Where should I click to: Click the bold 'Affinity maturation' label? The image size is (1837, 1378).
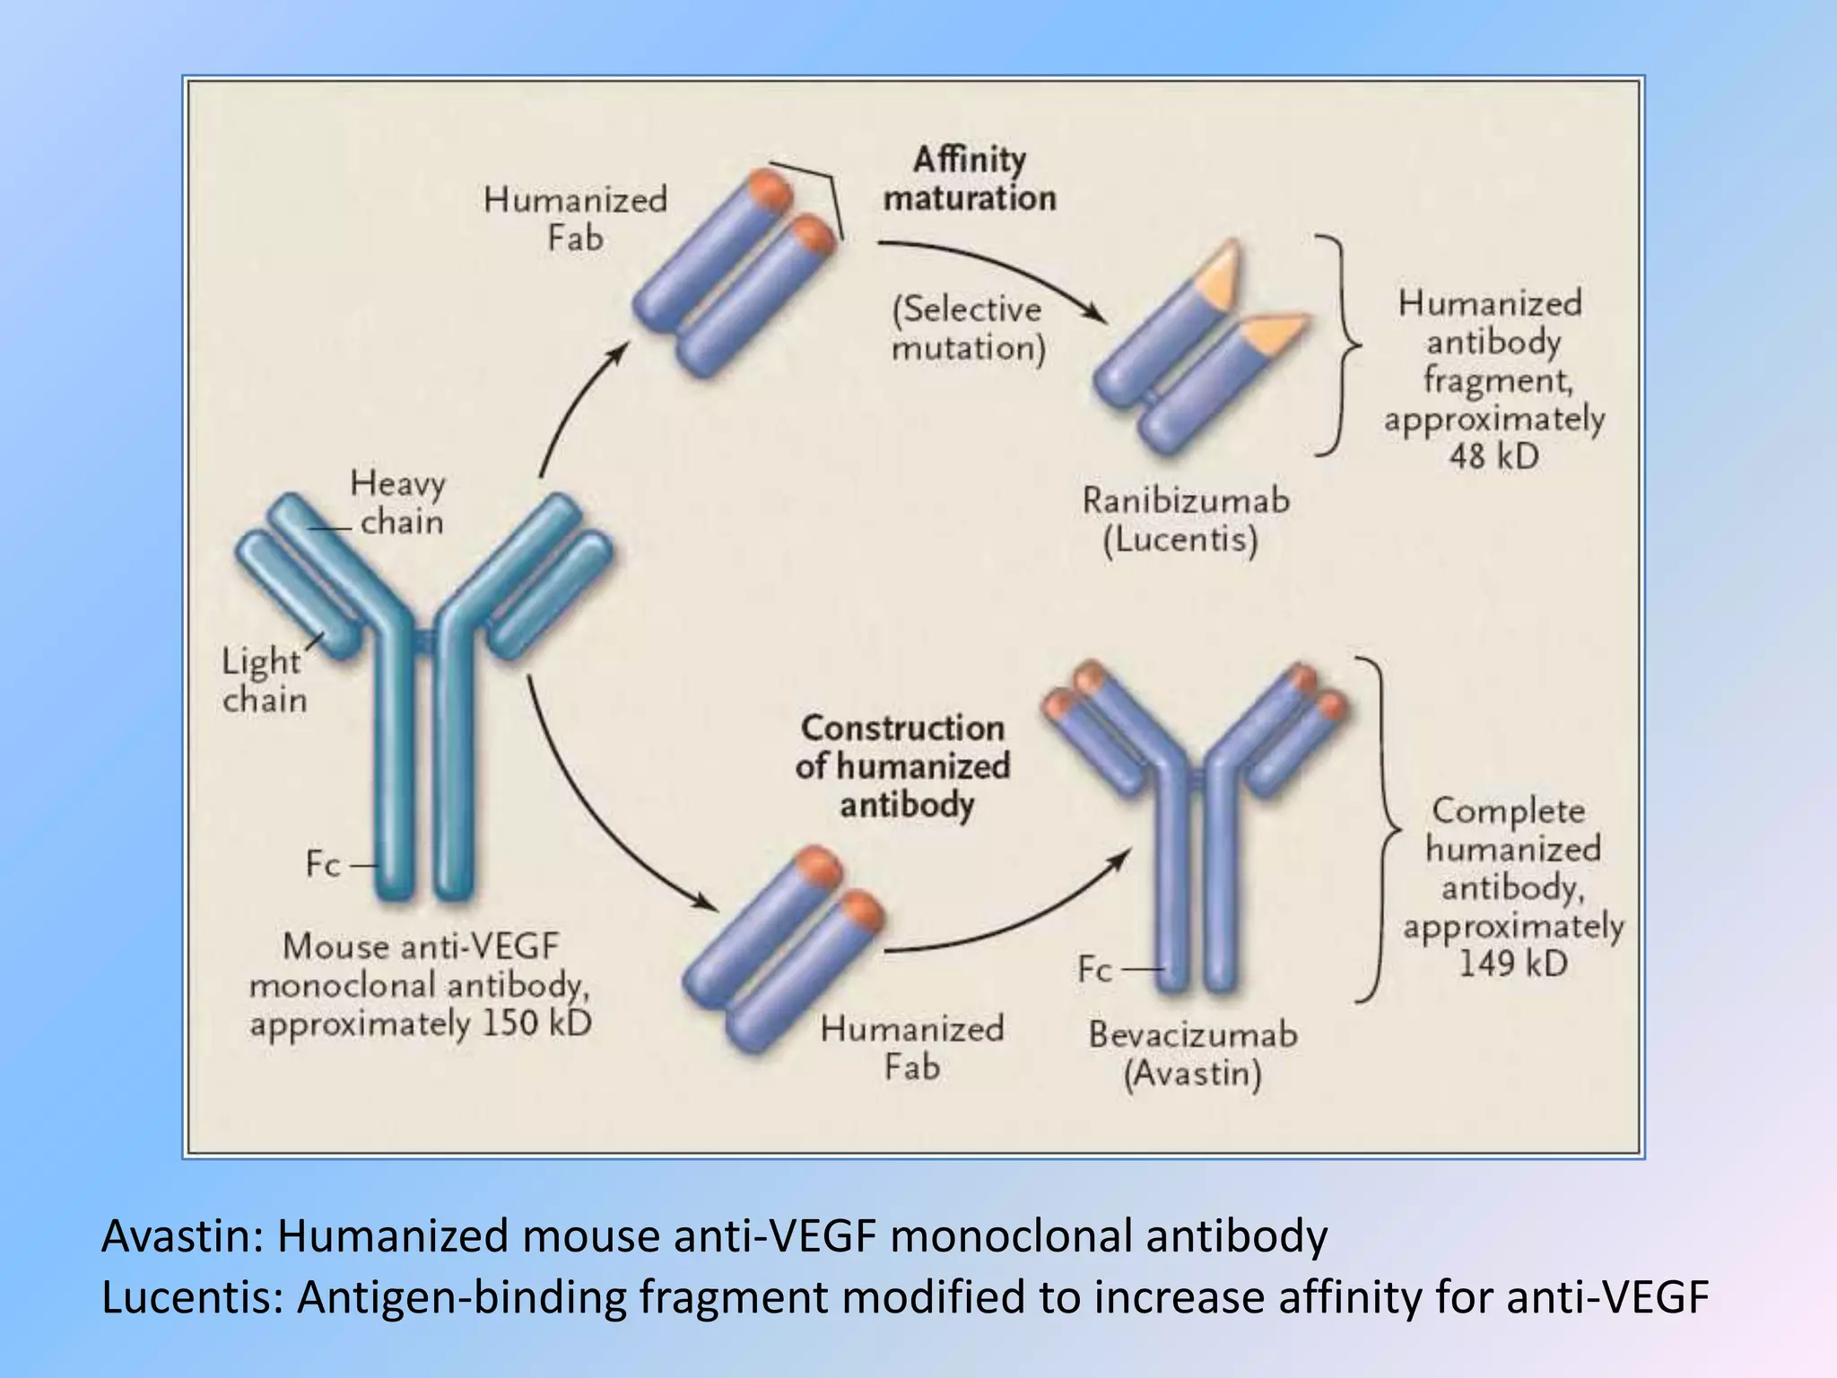click(970, 179)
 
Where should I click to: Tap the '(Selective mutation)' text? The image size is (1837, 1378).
click(968, 328)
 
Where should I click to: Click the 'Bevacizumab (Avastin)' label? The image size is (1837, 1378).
click(1193, 1053)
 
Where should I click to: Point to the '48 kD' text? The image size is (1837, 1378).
click(1493, 457)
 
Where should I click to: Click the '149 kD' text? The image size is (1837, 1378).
click(1512, 964)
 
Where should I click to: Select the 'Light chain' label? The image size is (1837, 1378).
click(262, 680)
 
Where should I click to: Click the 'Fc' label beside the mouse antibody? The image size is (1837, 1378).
click(323, 864)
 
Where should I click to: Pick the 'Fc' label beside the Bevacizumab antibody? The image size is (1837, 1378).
click(1094, 969)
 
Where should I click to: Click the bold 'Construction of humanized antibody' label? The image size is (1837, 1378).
click(903, 766)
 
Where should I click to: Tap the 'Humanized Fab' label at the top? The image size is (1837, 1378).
click(575, 218)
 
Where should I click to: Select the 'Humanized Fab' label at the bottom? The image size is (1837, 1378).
click(911, 1048)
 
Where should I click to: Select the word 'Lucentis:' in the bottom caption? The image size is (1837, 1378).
click(193, 1297)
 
